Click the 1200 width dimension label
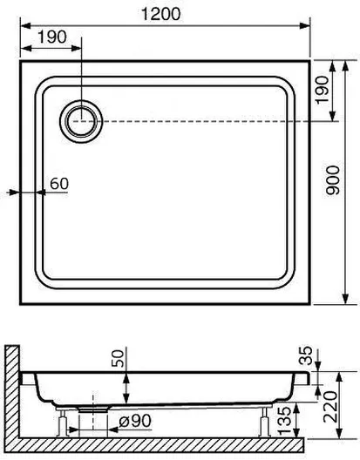161,14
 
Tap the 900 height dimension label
333,180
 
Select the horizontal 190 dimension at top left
52,37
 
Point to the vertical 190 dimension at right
322,89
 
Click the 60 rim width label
59,184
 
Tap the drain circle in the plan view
81,121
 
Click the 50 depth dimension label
118,358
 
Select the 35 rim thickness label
306,355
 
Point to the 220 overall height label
330,407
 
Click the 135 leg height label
284,421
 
